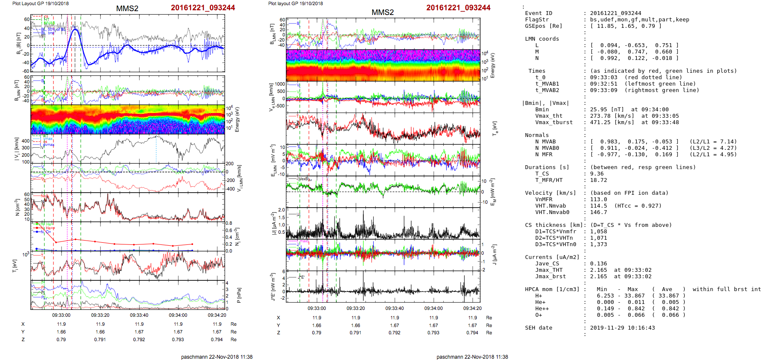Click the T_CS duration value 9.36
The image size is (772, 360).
point(597,174)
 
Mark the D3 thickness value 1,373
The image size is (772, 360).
point(598,244)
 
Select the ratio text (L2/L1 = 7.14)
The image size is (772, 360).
point(713,142)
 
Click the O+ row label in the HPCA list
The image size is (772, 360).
point(538,315)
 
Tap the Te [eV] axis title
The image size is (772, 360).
point(494,128)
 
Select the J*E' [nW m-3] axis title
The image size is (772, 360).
point(272,287)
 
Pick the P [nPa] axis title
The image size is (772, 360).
point(238,295)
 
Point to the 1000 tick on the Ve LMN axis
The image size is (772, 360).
point(280,84)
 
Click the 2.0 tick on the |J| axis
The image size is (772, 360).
point(281,210)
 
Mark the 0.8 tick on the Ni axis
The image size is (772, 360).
point(229,223)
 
